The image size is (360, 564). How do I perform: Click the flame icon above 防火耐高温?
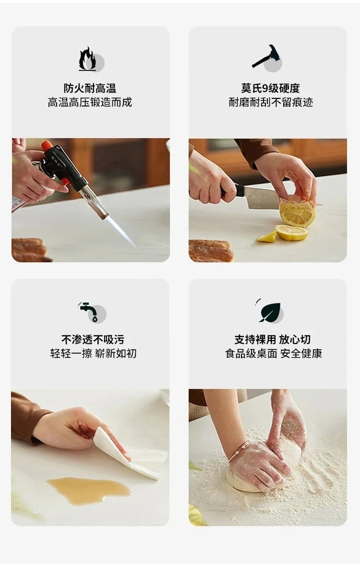click(x=87, y=59)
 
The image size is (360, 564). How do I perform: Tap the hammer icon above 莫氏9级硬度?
click(x=266, y=56)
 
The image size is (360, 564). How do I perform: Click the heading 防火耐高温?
click(x=90, y=88)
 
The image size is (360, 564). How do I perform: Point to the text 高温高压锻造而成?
click(x=90, y=103)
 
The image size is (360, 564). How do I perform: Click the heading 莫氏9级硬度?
click(x=270, y=88)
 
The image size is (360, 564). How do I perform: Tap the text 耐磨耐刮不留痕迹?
click(x=271, y=103)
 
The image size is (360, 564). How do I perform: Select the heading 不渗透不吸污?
click(x=93, y=340)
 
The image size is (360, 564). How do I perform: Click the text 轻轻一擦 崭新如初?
click(x=93, y=353)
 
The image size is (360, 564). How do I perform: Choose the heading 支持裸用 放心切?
click(x=273, y=340)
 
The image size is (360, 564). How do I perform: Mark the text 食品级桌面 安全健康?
click(x=274, y=353)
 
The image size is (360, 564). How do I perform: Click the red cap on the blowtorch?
click(x=47, y=145)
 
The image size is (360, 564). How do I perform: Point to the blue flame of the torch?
click(x=121, y=233)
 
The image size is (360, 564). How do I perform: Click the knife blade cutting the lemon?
click(x=261, y=198)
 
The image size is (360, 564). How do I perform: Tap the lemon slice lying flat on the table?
click(x=292, y=232)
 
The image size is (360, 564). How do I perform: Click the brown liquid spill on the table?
click(x=89, y=490)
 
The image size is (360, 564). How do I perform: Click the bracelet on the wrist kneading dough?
click(x=238, y=451)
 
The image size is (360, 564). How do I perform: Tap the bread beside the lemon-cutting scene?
click(x=211, y=251)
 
